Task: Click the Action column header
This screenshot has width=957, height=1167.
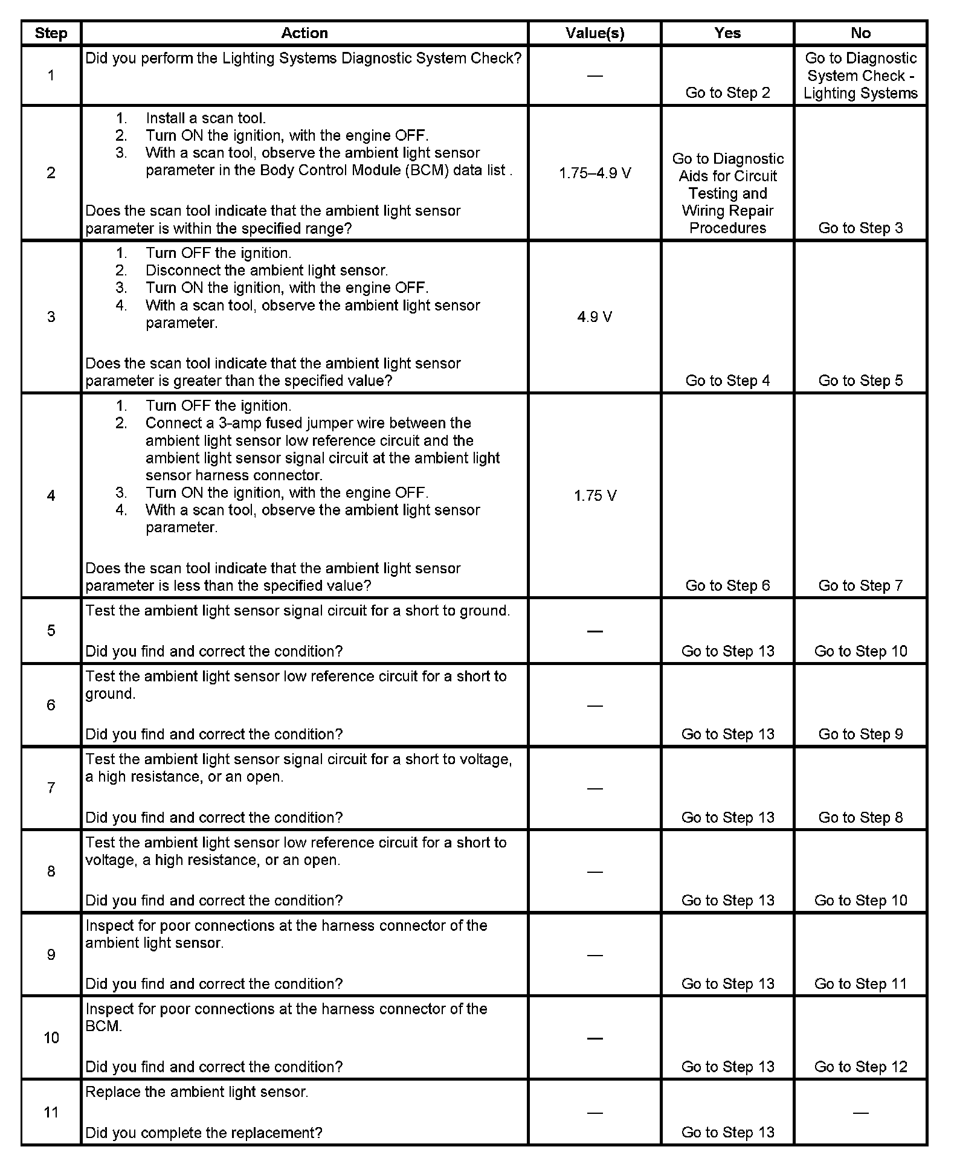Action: coord(304,33)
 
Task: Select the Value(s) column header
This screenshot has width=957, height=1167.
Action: coord(594,33)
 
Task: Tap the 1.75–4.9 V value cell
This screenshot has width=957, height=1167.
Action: coord(594,173)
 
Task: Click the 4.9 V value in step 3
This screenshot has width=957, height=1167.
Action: coord(594,317)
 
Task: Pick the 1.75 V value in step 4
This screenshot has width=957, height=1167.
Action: coord(594,496)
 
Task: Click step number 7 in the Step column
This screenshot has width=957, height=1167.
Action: coord(51,788)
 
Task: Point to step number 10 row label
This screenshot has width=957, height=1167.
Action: coord(51,1038)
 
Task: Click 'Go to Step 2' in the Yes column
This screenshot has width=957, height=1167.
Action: coord(727,93)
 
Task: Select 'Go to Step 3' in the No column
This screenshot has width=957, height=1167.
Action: coord(860,228)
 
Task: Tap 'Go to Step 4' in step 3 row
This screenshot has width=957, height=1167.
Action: coord(727,381)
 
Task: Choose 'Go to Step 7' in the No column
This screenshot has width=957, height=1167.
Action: coord(860,585)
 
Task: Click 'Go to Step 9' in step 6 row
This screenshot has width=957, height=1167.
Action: coord(860,734)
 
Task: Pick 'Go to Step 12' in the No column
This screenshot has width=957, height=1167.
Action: coord(860,1067)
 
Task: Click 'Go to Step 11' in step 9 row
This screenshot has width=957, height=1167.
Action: coord(860,983)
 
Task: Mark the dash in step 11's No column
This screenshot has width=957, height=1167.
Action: coord(860,1113)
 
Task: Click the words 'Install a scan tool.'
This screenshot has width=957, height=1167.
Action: coord(205,118)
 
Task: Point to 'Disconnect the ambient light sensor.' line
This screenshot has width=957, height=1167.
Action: coord(266,271)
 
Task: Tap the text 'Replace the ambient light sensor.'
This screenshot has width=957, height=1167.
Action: coord(197,1092)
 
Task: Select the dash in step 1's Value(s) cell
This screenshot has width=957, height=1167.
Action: coord(594,76)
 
